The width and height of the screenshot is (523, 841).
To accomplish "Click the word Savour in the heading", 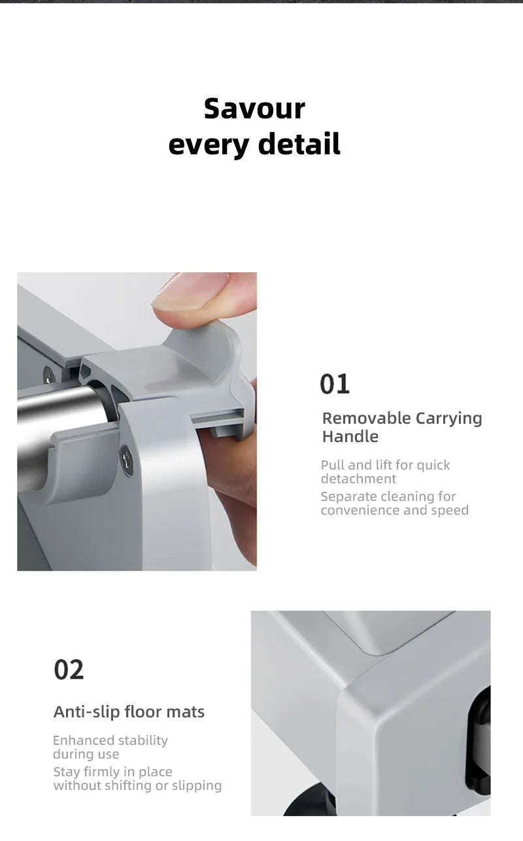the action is [254, 109].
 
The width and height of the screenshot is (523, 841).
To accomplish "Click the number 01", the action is [335, 384].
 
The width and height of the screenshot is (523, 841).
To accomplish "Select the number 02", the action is [69, 670].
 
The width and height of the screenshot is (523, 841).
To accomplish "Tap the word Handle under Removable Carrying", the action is [350, 436].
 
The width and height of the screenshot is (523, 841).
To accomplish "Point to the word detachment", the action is [358, 479].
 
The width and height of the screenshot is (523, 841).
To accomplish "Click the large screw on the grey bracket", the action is [126, 460].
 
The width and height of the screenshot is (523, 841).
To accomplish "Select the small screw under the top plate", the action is [49, 375].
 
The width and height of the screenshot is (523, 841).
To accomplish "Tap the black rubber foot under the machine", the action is [312, 805].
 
